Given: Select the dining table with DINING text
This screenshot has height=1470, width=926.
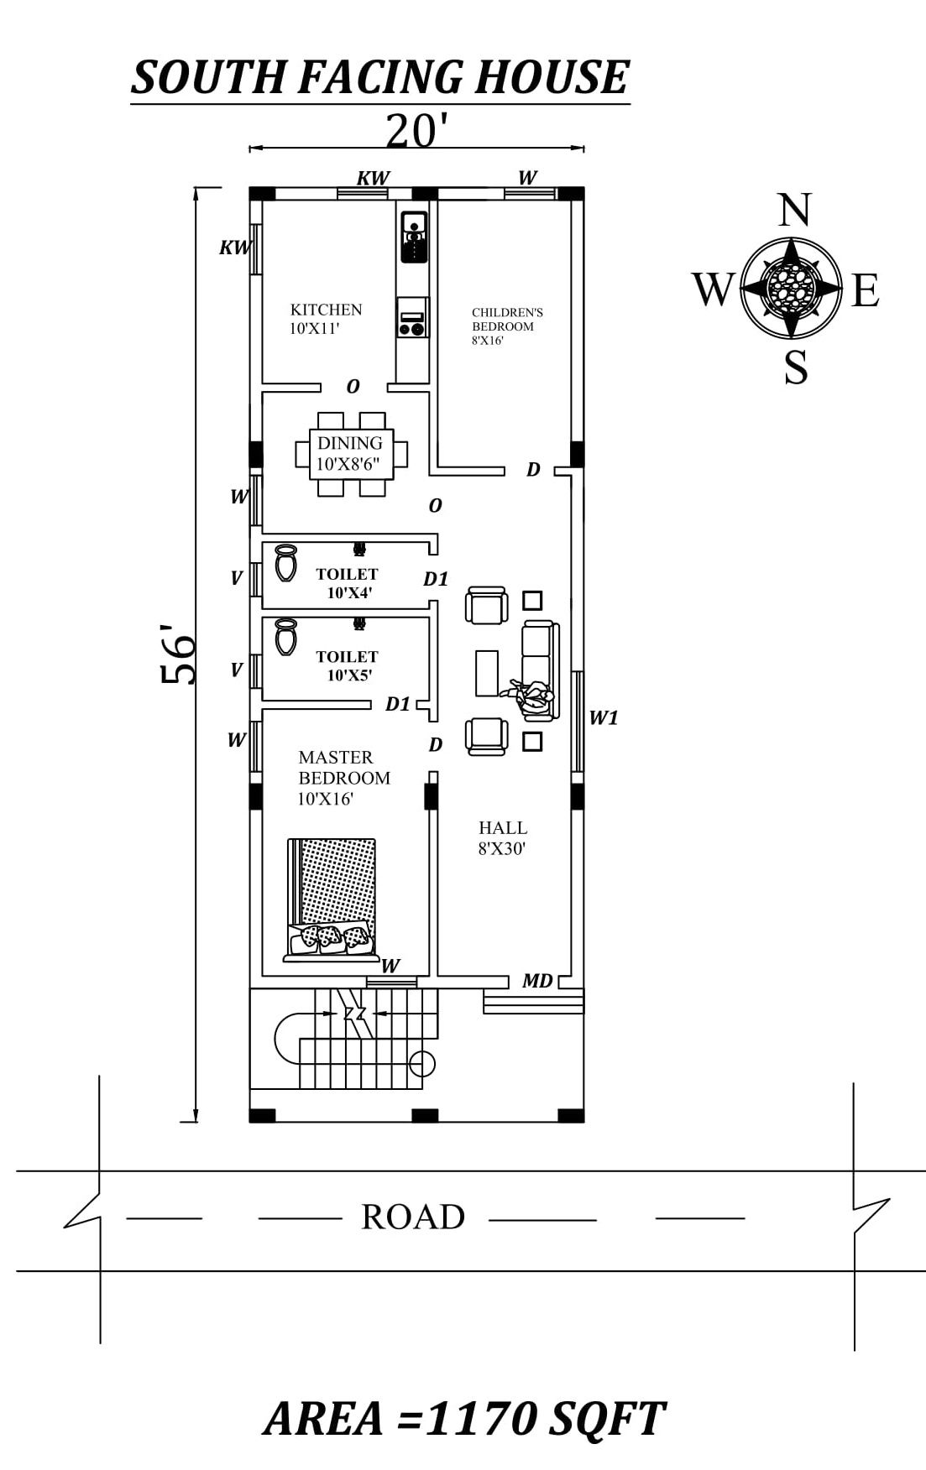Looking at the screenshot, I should coord(351,454).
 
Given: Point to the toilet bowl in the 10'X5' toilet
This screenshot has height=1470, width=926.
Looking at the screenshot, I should coord(285,638).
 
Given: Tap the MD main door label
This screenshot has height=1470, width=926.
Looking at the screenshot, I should coord(537,981).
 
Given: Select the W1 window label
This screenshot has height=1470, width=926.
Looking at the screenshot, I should coord(604,717).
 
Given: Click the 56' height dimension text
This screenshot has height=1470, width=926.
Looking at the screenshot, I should coord(179,654).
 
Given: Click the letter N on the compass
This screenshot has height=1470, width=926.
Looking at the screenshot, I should coord(793,211).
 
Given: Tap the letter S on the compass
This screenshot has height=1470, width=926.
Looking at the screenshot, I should coord(795,367).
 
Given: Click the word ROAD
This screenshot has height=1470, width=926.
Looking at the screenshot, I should coord(413,1217).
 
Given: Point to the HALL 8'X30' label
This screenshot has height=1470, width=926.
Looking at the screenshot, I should coord(502,837).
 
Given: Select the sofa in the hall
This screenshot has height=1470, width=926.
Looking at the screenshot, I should coord(538,670).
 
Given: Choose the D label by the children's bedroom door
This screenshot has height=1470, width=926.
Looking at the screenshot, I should coord(533,470).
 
